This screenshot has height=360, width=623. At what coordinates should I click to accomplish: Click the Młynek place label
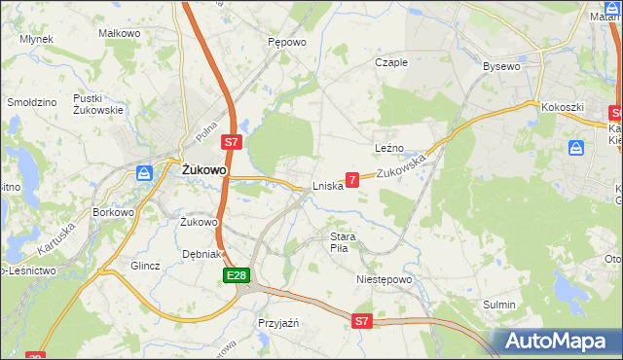coord(36,39)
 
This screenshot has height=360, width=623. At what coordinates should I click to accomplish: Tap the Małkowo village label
coord(120,33)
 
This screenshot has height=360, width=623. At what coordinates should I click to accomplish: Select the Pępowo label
coord(287,43)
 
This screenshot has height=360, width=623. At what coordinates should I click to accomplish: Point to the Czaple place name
coord(391,62)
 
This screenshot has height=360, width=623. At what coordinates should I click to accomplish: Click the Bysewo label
coord(502,66)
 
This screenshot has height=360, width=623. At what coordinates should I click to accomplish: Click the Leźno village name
coord(389,148)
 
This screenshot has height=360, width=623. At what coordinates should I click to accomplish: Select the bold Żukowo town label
coord(204,169)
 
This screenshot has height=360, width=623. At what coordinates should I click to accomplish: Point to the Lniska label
coord(327,186)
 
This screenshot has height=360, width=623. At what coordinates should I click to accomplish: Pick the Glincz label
coord(145,265)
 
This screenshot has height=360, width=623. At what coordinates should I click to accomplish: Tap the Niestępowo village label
coord(385,279)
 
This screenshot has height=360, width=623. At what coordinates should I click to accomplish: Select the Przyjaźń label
coord(277,322)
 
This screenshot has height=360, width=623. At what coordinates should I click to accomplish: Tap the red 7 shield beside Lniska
coord(352,179)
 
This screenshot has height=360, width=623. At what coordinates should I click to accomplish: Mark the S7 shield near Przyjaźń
coord(362,320)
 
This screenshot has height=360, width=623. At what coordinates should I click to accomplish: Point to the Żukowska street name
coord(403,166)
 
